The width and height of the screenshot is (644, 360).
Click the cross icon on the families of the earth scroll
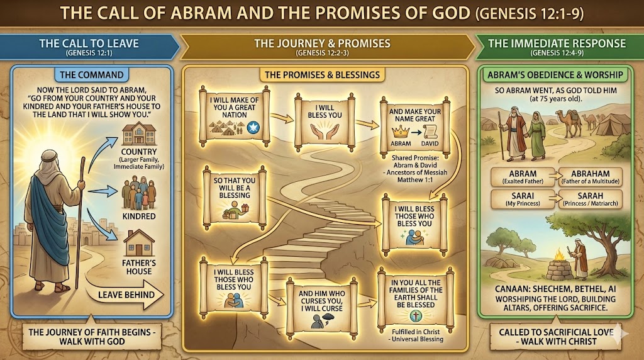pos(416,317)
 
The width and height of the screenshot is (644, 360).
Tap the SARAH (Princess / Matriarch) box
pos(590,200)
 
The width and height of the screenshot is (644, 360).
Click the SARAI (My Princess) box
pos(519,200)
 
